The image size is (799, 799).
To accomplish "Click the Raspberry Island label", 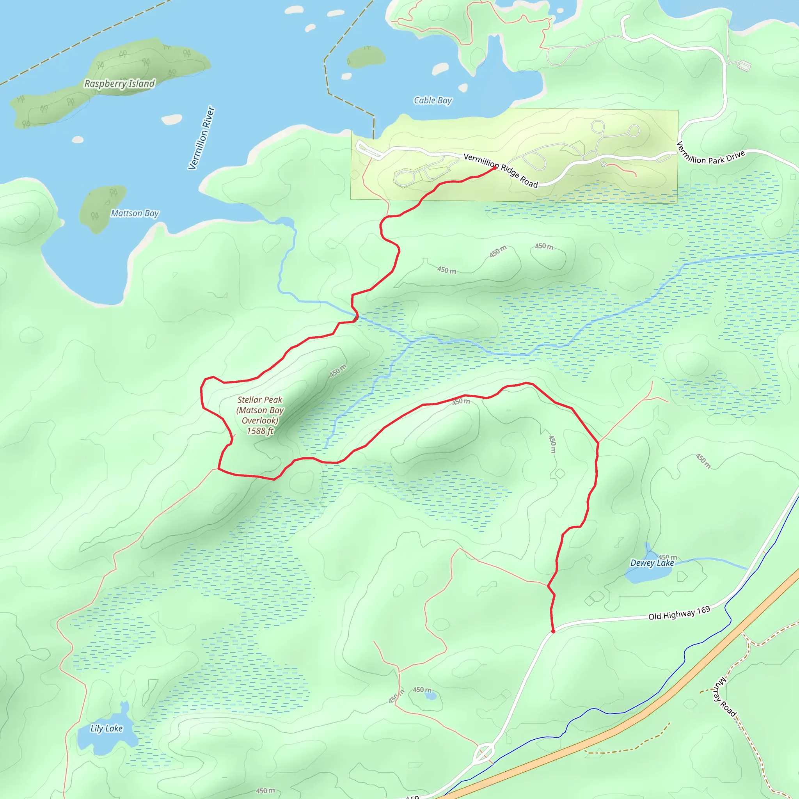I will tap(119, 83).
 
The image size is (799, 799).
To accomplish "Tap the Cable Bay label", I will tap(433, 101).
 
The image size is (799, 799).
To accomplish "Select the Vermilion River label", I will tap(201, 138).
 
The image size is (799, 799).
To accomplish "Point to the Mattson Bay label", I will tap(135, 213).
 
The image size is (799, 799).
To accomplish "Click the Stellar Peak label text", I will tap(260, 400).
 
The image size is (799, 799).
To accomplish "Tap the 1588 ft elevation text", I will tap(260, 431).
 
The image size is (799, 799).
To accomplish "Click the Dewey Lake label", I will tap(652, 563).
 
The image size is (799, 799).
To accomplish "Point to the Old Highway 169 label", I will tap(679, 613).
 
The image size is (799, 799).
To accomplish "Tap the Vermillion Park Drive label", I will tap(710, 153).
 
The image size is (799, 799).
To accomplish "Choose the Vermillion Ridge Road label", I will tap(501, 170).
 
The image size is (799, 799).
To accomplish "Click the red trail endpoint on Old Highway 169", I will tap(553, 632).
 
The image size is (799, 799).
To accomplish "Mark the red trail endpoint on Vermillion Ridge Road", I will tap(495, 168).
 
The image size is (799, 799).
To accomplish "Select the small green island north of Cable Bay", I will tap(366, 56).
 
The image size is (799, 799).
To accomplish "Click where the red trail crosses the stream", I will tap(356, 318).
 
